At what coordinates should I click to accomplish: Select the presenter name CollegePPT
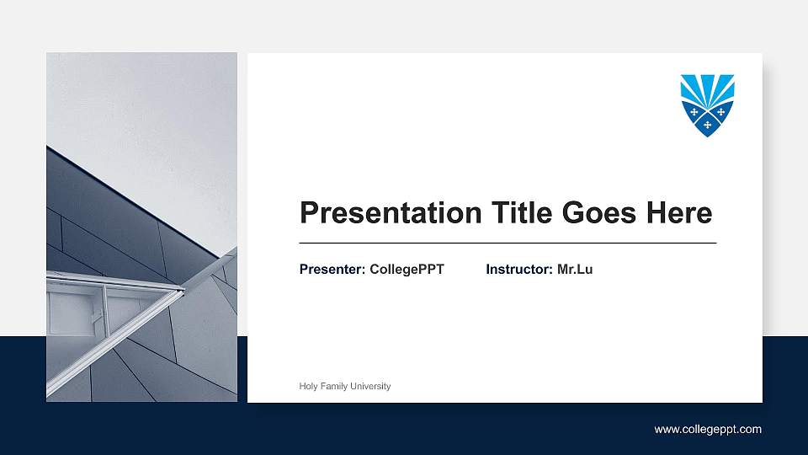(x=407, y=270)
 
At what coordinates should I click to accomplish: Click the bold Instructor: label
(x=519, y=270)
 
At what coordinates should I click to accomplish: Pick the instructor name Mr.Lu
(x=575, y=270)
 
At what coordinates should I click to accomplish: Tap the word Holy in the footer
(x=308, y=386)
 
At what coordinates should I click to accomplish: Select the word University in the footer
(x=371, y=386)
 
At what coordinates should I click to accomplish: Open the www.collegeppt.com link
(x=708, y=430)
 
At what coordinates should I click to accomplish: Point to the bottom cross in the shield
(x=707, y=125)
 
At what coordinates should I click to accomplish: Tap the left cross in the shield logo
(x=694, y=111)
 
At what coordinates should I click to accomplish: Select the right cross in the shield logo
(x=721, y=111)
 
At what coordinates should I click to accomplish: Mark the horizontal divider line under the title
(x=508, y=243)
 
